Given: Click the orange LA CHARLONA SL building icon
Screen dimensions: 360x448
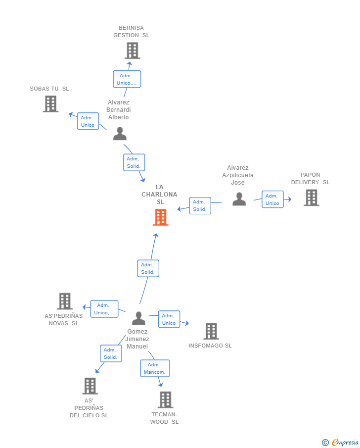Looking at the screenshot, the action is click(160, 217).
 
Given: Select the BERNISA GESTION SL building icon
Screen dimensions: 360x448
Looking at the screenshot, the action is click(133, 50).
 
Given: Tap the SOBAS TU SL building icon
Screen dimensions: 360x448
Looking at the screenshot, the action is click(50, 104).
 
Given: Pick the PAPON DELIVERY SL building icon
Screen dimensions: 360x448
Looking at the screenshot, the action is click(312, 198).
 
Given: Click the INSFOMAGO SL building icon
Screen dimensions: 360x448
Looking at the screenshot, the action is click(211, 331).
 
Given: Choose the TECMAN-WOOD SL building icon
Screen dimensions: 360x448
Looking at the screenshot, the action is click(165, 399).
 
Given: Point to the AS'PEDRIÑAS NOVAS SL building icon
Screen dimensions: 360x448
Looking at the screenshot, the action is click(65, 301).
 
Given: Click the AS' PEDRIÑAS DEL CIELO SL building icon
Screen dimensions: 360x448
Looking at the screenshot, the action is click(90, 386).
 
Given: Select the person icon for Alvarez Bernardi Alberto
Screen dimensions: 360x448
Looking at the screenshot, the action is click(120, 134).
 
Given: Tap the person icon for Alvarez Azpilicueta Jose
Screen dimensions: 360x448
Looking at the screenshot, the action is click(239, 199).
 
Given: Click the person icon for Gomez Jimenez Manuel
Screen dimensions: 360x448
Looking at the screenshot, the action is click(139, 318).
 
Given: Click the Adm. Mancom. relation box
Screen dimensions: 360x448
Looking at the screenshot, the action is click(155, 368).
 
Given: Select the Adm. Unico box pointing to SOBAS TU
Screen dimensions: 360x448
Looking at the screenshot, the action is click(88, 121).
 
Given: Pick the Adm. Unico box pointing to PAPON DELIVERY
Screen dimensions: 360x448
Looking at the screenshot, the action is click(272, 199).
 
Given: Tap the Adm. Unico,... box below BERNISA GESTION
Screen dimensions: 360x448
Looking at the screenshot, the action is click(127, 79).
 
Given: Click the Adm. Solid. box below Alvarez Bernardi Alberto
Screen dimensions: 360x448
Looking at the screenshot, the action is click(134, 162).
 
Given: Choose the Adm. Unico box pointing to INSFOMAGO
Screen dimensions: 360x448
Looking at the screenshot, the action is click(169, 319).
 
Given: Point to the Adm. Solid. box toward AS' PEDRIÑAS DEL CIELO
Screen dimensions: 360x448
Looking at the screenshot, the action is click(111, 353).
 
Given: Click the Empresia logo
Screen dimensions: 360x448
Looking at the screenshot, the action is click(340, 442).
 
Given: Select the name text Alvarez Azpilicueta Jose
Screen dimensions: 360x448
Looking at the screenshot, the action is click(238, 175).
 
